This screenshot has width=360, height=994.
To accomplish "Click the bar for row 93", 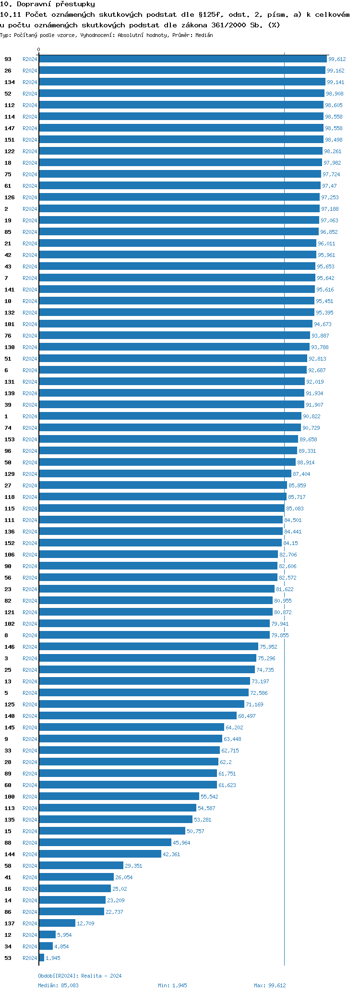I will (182, 59).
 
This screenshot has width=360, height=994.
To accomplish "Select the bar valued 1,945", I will (42, 958).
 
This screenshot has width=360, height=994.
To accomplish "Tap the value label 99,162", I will (336, 71).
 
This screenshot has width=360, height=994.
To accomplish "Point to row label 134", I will (10, 82).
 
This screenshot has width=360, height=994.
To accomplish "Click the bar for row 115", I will (162, 509).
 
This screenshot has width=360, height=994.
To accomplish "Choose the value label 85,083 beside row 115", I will (295, 509).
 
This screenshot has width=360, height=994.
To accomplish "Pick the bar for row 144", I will (100, 854).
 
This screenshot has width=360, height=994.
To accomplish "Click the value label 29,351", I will (133, 866).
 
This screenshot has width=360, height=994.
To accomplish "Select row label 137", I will (10, 923).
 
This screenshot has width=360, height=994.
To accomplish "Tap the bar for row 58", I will (81, 866).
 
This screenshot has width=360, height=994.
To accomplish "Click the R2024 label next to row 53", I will (30, 958).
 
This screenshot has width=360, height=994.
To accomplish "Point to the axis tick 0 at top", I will (39, 50).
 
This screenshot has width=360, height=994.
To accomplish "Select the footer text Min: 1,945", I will (172, 985).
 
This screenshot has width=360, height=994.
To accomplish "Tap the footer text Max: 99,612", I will (270, 985).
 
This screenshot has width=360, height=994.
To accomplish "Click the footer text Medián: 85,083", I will (58, 985).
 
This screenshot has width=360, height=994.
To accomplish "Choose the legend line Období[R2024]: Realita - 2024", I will (80, 976).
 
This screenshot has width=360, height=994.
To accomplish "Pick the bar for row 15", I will (112, 831).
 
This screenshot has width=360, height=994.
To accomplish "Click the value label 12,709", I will (85, 923).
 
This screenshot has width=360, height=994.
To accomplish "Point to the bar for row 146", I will (148, 647).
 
